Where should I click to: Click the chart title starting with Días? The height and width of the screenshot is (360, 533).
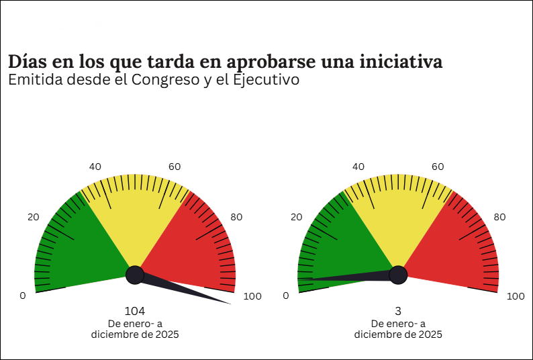click(225, 62)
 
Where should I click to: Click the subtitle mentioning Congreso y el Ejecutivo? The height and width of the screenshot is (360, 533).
click(153, 80)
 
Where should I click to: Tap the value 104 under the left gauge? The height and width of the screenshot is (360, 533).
click(135, 311)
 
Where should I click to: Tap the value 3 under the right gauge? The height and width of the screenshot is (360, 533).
click(398, 311)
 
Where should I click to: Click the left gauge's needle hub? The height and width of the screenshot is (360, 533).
click(135, 275)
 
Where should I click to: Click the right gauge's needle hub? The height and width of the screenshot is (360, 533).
click(398, 275)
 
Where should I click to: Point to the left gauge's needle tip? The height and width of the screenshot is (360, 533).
click(230, 304)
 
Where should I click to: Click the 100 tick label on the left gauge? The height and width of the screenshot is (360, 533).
click(252, 296)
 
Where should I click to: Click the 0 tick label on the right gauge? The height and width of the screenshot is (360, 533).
click(286, 296)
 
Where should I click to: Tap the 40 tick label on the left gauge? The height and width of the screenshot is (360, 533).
click(95, 167)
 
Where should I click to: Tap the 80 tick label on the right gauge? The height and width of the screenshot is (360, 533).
click(499, 217)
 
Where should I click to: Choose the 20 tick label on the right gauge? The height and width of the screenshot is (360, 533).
click(296, 217)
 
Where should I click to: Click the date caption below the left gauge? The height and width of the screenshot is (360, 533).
click(135, 329)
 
